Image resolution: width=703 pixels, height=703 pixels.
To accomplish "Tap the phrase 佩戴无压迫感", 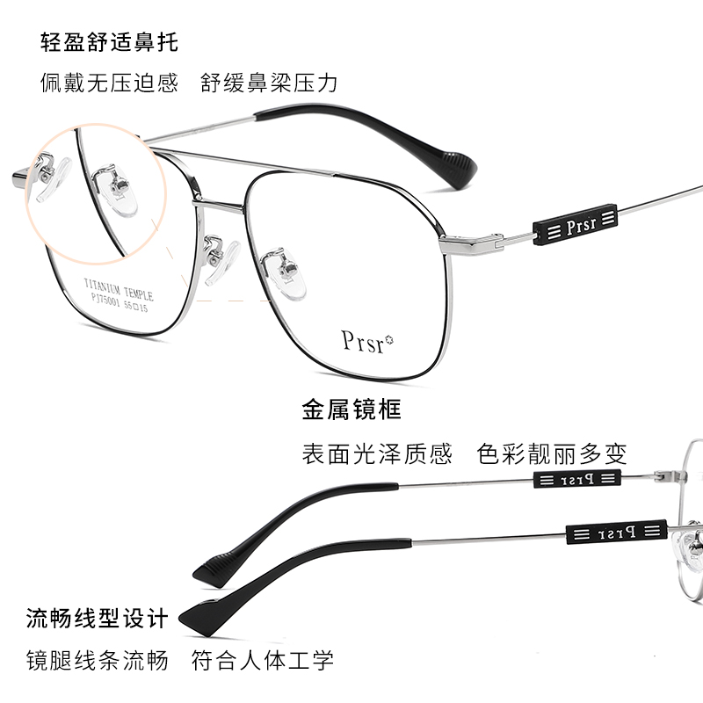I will pos(109,83).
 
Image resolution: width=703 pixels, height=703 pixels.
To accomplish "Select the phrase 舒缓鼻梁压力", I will pos(269,83).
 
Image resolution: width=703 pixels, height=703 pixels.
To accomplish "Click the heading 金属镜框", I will pos(351,409).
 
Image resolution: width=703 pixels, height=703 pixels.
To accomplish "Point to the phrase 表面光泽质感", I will pos(377,454).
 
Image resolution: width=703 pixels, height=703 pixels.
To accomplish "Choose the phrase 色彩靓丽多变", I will pos(552,454).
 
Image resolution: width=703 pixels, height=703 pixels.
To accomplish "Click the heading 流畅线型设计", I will pos(97,618).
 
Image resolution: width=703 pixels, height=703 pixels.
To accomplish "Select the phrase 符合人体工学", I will pos(263,661).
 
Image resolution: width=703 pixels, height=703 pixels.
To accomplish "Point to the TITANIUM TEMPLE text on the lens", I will pos(118,290).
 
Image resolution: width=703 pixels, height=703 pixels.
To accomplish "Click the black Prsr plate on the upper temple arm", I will pos(576,226).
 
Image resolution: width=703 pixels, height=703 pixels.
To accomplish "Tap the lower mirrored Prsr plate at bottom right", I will pos(615,532).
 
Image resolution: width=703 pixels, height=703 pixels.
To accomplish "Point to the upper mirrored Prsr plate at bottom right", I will pos(576,479).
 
